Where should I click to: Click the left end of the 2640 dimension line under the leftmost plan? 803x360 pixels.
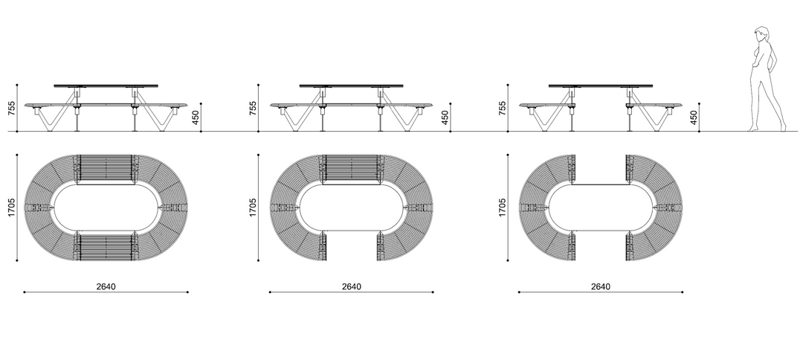pyautogui.click(x=24, y=292)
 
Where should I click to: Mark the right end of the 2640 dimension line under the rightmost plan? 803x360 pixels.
pyautogui.click(x=682, y=292)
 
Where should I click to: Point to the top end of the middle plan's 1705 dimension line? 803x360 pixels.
pyautogui.click(x=259, y=155)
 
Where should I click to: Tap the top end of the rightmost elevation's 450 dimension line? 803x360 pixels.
pyautogui.click(x=699, y=103)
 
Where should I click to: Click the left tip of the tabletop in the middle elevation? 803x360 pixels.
pyautogui.click(x=300, y=86)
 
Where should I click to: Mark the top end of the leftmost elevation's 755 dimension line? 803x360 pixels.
pyautogui.click(x=17, y=85)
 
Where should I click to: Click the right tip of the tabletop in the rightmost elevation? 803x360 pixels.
pyautogui.click(x=653, y=86)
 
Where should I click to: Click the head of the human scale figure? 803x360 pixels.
pyautogui.click(x=761, y=33)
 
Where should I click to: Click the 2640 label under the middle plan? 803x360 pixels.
pyautogui.click(x=351, y=287)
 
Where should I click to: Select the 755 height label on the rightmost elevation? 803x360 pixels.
pyautogui.click(x=502, y=109)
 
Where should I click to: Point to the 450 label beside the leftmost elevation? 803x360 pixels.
pyautogui.click(x=195, y=118)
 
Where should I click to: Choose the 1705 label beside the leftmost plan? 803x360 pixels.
pyautogui.click(x=12, y=208)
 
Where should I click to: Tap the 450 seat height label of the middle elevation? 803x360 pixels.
pyautogui.click(x=445, y=118)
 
